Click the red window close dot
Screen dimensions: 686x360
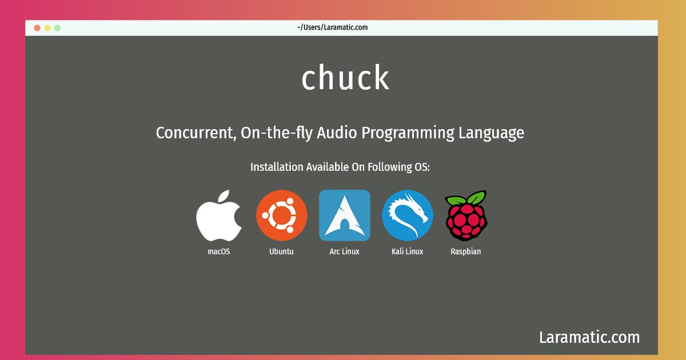point(37,28)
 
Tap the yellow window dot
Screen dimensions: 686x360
point(47,28)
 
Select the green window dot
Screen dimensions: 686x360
point(57,28)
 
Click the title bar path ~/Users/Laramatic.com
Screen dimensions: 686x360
point(332,27)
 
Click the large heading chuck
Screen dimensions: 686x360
point(345,78)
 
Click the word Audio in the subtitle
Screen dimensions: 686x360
point(337,133)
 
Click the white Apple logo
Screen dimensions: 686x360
point(218,215)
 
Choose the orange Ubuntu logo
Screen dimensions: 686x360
point(282,215)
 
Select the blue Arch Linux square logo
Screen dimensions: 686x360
point(345,215)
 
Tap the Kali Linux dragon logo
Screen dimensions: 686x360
point(408,215)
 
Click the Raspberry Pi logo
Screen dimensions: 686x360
point(466,215)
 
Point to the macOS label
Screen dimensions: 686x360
point(218,251)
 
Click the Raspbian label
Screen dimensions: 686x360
point(466,252)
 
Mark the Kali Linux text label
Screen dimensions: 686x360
point(407,251)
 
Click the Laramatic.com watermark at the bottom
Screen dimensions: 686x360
point(589,337)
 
